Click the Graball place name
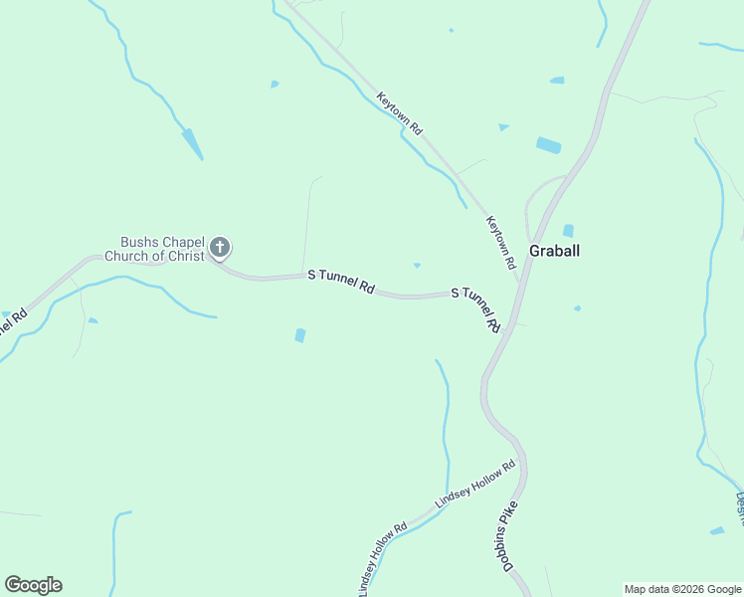554,251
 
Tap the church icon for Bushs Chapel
220,247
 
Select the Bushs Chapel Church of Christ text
161,249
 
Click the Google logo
33,585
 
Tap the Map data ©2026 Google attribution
682,589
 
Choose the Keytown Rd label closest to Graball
500,244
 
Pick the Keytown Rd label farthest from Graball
400,113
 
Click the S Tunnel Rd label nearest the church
340,282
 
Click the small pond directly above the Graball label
568,230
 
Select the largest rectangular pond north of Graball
548,145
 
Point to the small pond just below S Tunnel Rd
300,336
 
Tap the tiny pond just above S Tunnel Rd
417,266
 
